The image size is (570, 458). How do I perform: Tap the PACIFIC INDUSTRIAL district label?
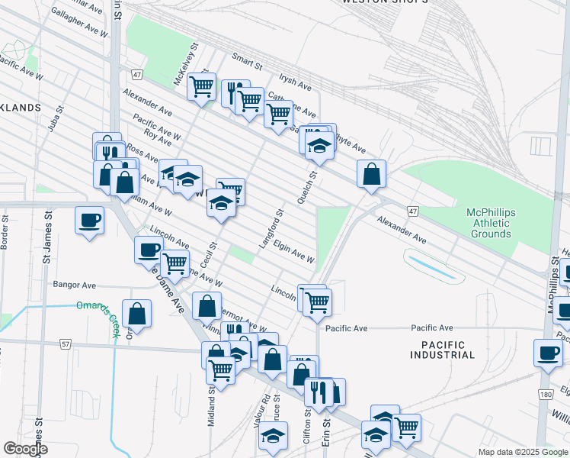point(442,349)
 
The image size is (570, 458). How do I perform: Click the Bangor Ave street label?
point(75,285)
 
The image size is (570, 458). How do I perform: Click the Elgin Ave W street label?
point(294,253)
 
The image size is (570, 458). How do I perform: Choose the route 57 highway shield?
point(66,344)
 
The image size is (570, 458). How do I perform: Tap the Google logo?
point(26,449)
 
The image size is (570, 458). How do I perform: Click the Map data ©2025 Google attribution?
point(522,452)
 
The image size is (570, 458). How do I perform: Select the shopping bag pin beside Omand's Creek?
point(136,313)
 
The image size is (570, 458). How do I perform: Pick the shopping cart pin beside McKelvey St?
point(201,86)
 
